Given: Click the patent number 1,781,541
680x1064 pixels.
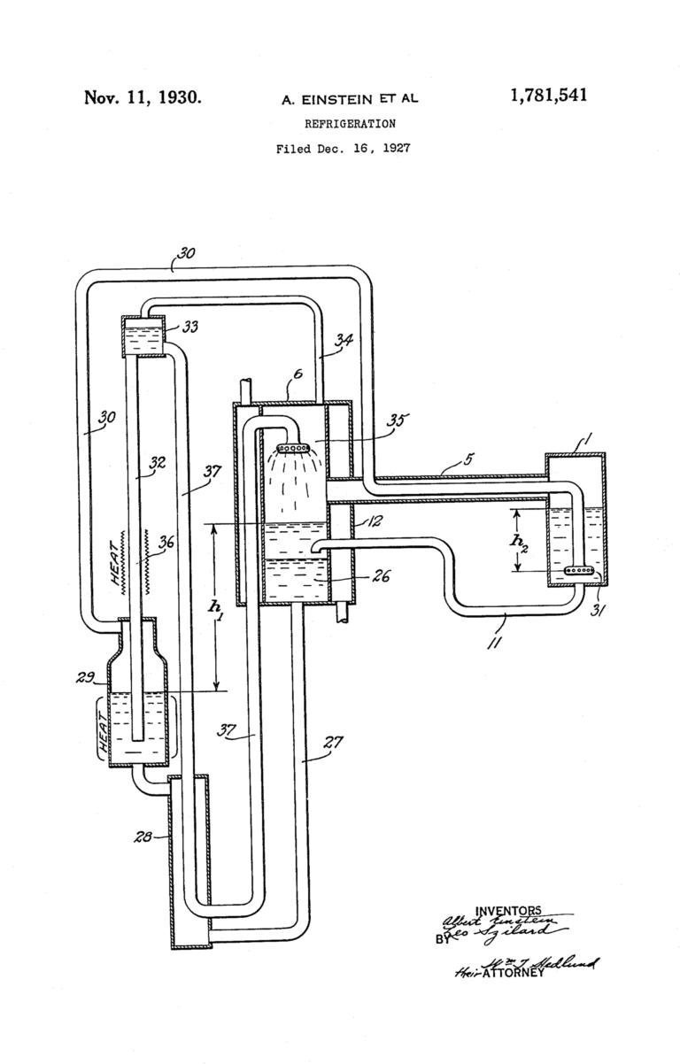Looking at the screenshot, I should [x=548, y=96].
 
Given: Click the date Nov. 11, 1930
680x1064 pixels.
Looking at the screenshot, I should [x=143, y=97].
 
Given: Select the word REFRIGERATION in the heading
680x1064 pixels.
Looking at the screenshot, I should [x=350, y=124].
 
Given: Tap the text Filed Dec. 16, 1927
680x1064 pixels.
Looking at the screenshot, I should [x=343, y=149].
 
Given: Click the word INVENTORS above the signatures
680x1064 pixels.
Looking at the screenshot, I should [x=508, y=911].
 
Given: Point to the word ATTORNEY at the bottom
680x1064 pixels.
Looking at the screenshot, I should [x=509, y=973].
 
